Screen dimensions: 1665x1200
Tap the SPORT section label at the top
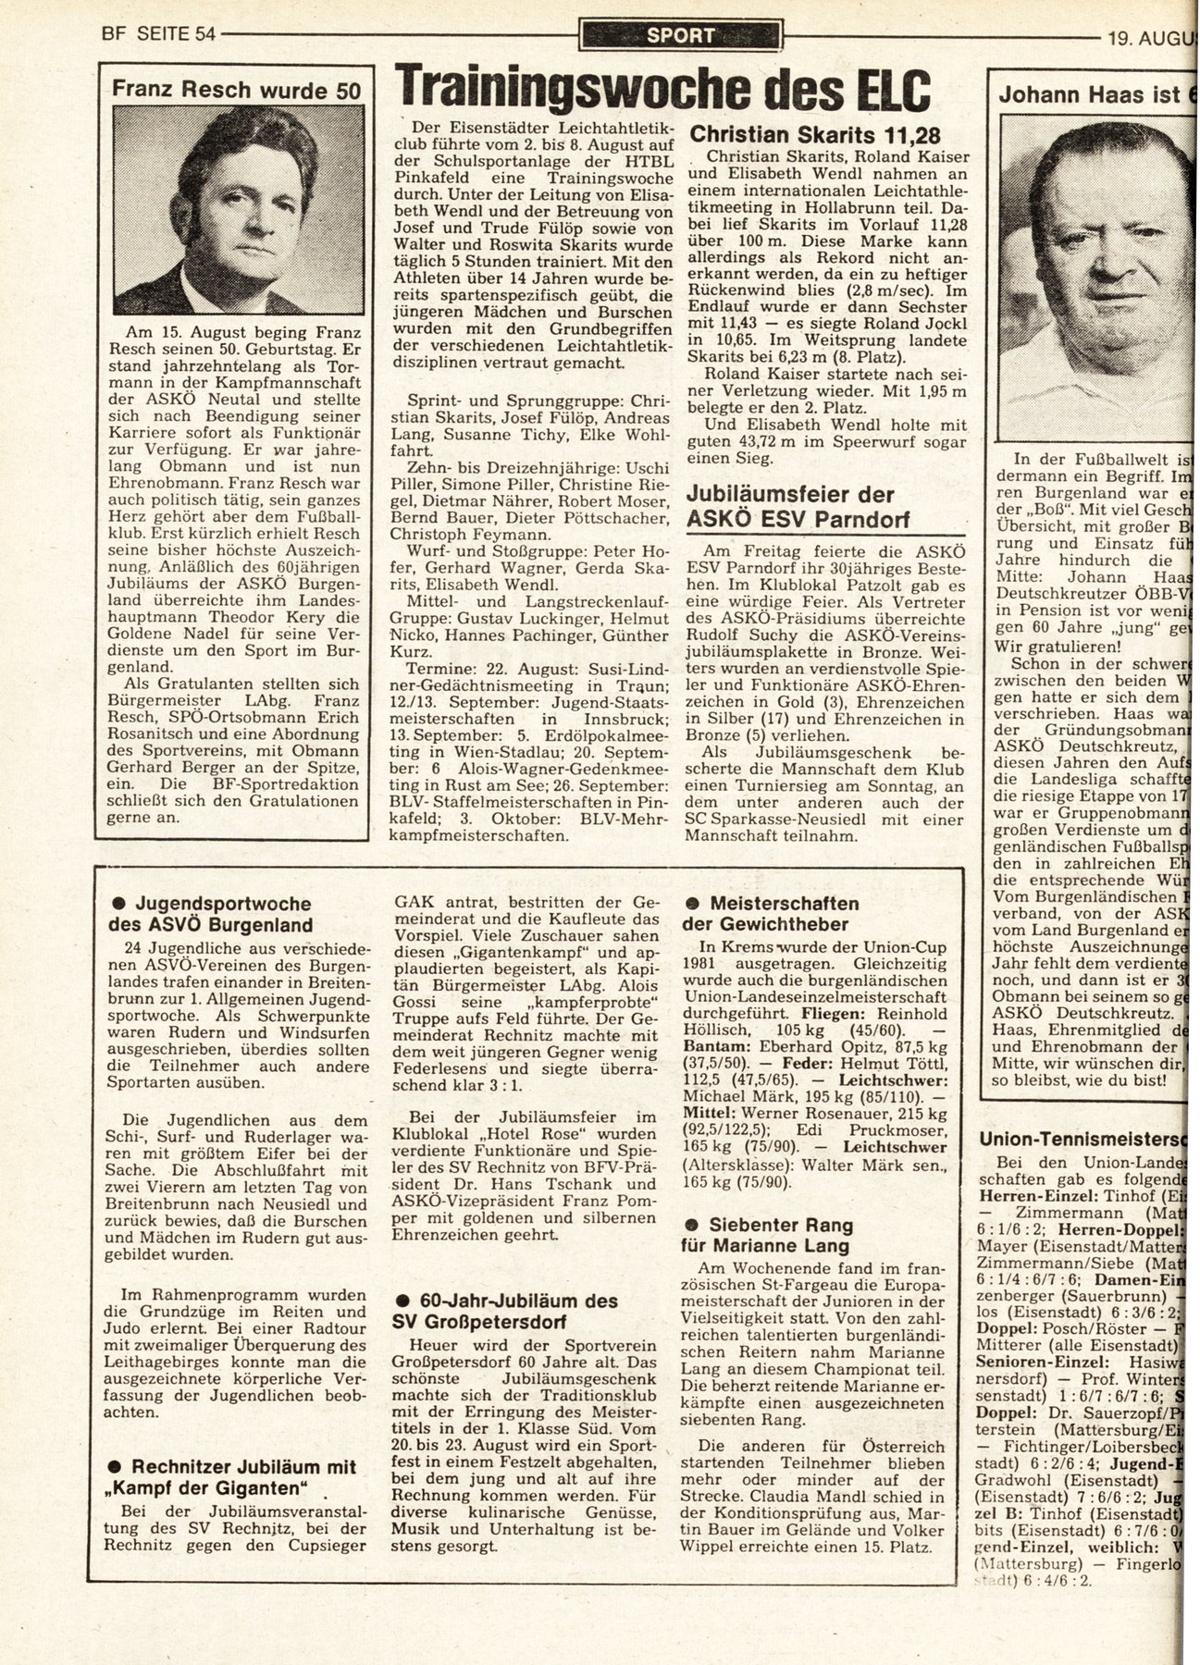click(x=680, y=36)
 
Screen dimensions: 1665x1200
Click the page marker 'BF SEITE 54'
click(x=158, y=35)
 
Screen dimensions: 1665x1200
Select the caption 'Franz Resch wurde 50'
click(x=237, y=90)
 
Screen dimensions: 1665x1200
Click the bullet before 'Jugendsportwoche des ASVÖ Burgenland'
click(x=118, y=904)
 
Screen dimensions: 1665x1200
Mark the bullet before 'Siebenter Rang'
click(x=691, y=1225)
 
